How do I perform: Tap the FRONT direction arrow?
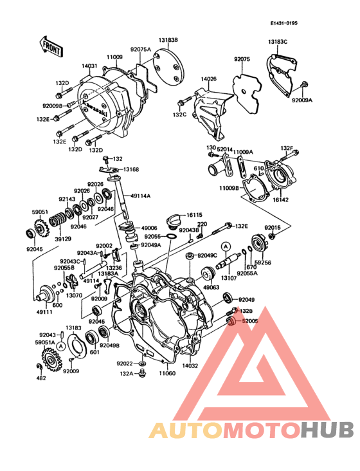click(x=51, y=46)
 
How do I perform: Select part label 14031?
click(x=90, y=66)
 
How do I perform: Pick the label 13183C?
click(x=278, y=42)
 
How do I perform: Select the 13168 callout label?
click(x=130, y=170)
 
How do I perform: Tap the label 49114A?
click(x=141, y=196)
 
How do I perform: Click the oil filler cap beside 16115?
click(x=174, y=223)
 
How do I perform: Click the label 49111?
click(x=44, y=311)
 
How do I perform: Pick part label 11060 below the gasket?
click(x=166, y=373)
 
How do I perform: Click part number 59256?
click(x=262, y=263)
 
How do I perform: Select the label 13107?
click(x=229, y=278)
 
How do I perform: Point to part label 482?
click(x=41, y=378)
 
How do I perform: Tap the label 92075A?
click(x=140, y=49)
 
